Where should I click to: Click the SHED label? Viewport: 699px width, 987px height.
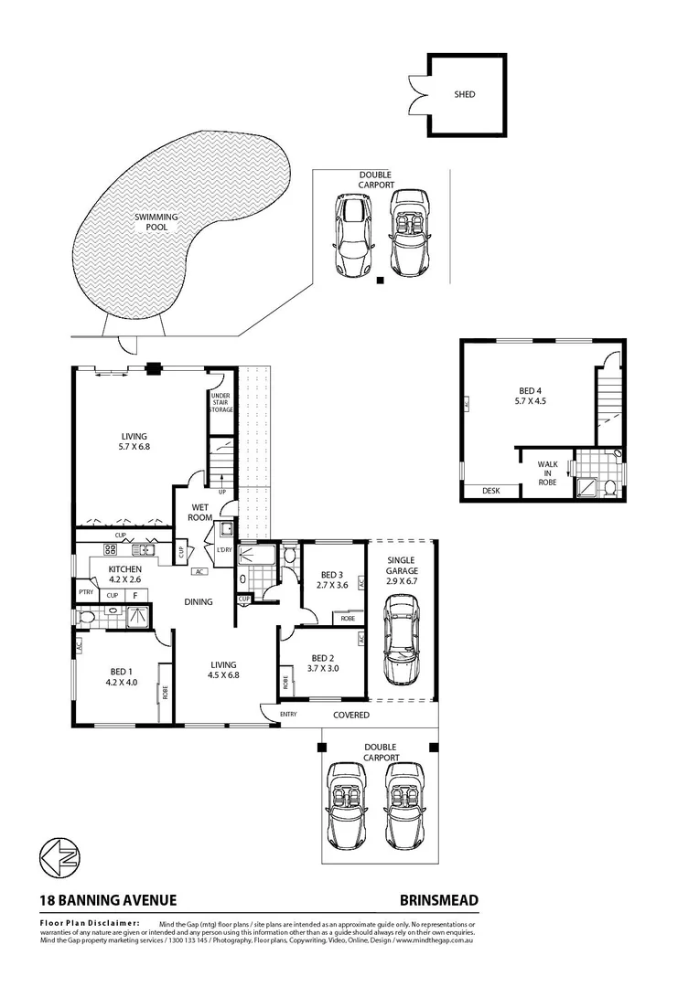point(465,94)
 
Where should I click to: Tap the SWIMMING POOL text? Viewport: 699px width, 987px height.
point(156,222)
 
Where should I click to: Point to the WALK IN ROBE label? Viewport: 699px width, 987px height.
point(547,472)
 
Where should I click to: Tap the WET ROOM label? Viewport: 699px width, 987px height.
point(201,512)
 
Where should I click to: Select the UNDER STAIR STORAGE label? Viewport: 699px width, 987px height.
point(221,402)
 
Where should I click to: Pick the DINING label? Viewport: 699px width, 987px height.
point(198,601)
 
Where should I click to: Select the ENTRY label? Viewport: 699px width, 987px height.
point(288,715)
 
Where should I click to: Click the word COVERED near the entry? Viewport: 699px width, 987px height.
point(350,715)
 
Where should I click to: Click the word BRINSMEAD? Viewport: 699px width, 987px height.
point(438,900)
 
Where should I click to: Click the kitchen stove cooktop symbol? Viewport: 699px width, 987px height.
point(111,549)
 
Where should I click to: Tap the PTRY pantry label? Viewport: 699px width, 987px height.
point(87,593)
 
